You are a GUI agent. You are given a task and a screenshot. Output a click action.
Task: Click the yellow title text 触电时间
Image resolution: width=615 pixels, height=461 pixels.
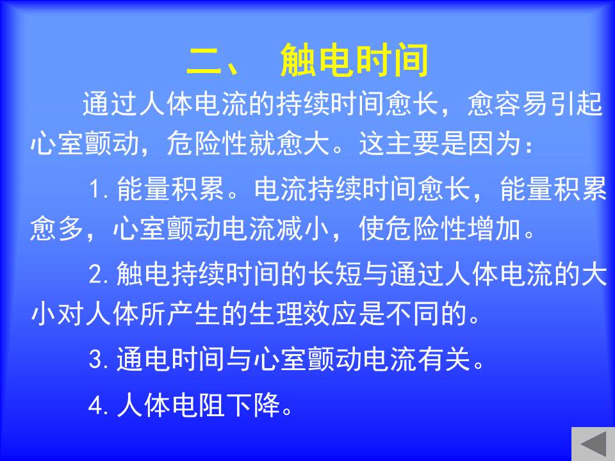pyautogui.click(x=354, y=60)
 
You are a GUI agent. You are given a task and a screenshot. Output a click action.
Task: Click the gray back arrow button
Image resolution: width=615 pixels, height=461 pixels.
pyautogui.click(x=593, y=444)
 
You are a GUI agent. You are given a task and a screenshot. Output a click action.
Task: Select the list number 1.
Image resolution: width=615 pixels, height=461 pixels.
pyautogui.click(x=95, y=190)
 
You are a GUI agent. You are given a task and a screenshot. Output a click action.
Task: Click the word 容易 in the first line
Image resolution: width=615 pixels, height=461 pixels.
pyautogui.click(x=521, y=104)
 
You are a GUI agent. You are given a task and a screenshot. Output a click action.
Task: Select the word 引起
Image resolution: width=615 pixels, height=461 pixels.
pyautogui.click(x=576, y=104)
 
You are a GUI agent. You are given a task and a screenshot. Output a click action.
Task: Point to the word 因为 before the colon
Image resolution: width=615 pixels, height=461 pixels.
pyautogui.click(x=495, y=143)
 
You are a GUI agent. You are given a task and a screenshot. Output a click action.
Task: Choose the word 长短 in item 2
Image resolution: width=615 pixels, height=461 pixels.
pyautogui.click(x=334, y=274)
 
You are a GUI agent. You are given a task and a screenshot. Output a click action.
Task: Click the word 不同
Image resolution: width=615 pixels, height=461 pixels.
pyautogui.click(x=412, y=314)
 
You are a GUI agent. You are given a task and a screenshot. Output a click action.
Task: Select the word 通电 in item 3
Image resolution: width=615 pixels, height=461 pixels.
pyautogui.click(x=143, y=359)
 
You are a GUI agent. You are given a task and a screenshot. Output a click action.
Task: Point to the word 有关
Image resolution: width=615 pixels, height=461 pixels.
pyautogui.click(x=444, y=359)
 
